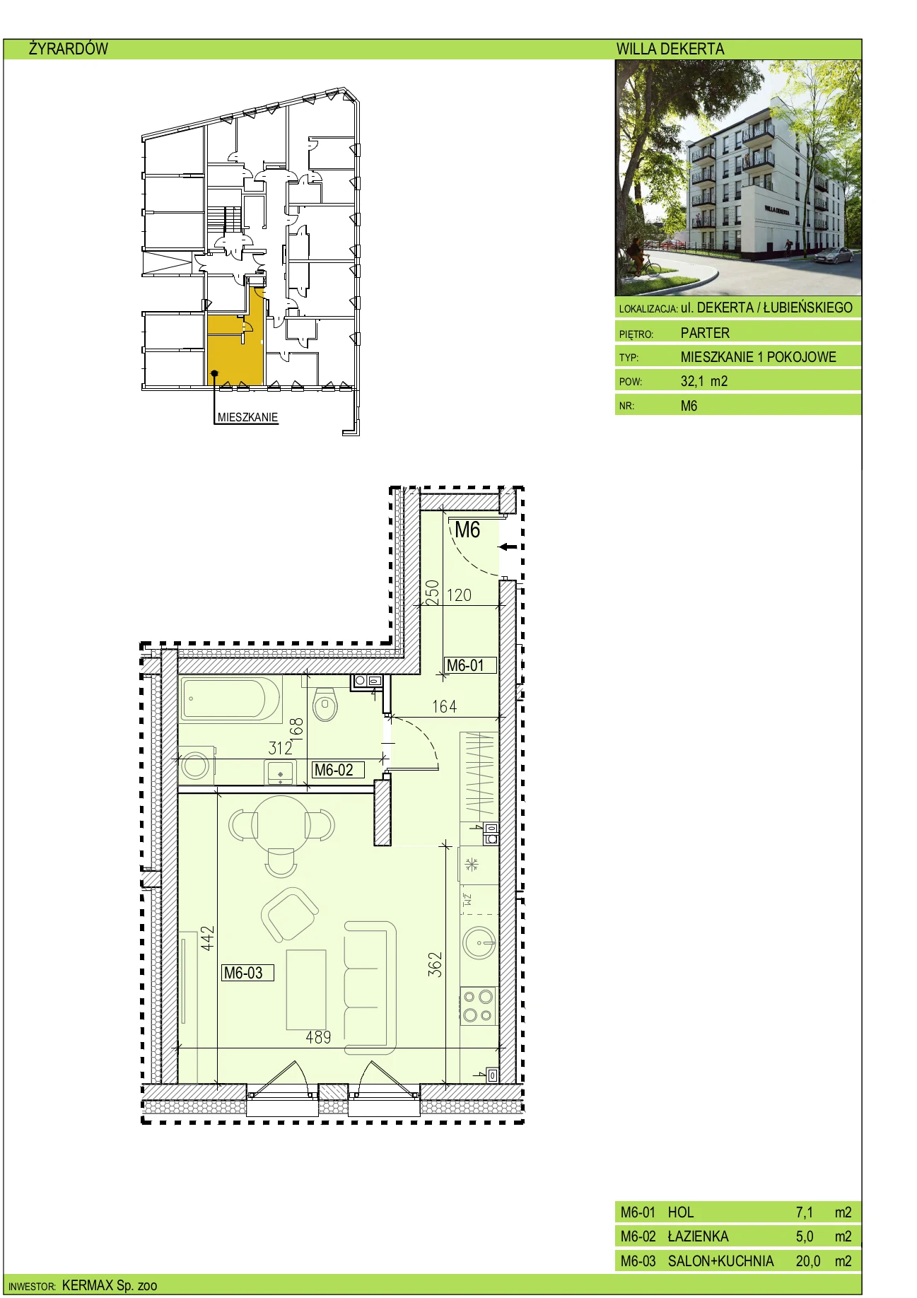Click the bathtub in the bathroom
[x=231, y=698]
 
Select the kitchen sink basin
[x=479, y=942]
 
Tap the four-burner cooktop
[x=478, y=1006]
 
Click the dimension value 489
[x=318, y=1037]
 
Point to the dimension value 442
[x=207, y=938]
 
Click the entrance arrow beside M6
[x=508, y=546]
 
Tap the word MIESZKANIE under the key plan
[x=247, y=417]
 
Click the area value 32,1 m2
[x=704, y=381]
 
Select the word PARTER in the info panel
[x=705, y=333]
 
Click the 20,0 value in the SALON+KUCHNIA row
[x=808, y=1261]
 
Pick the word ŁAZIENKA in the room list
[x=698, y=1236]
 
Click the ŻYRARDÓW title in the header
[x=69, y=49]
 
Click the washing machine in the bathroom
[x=195, y=765]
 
